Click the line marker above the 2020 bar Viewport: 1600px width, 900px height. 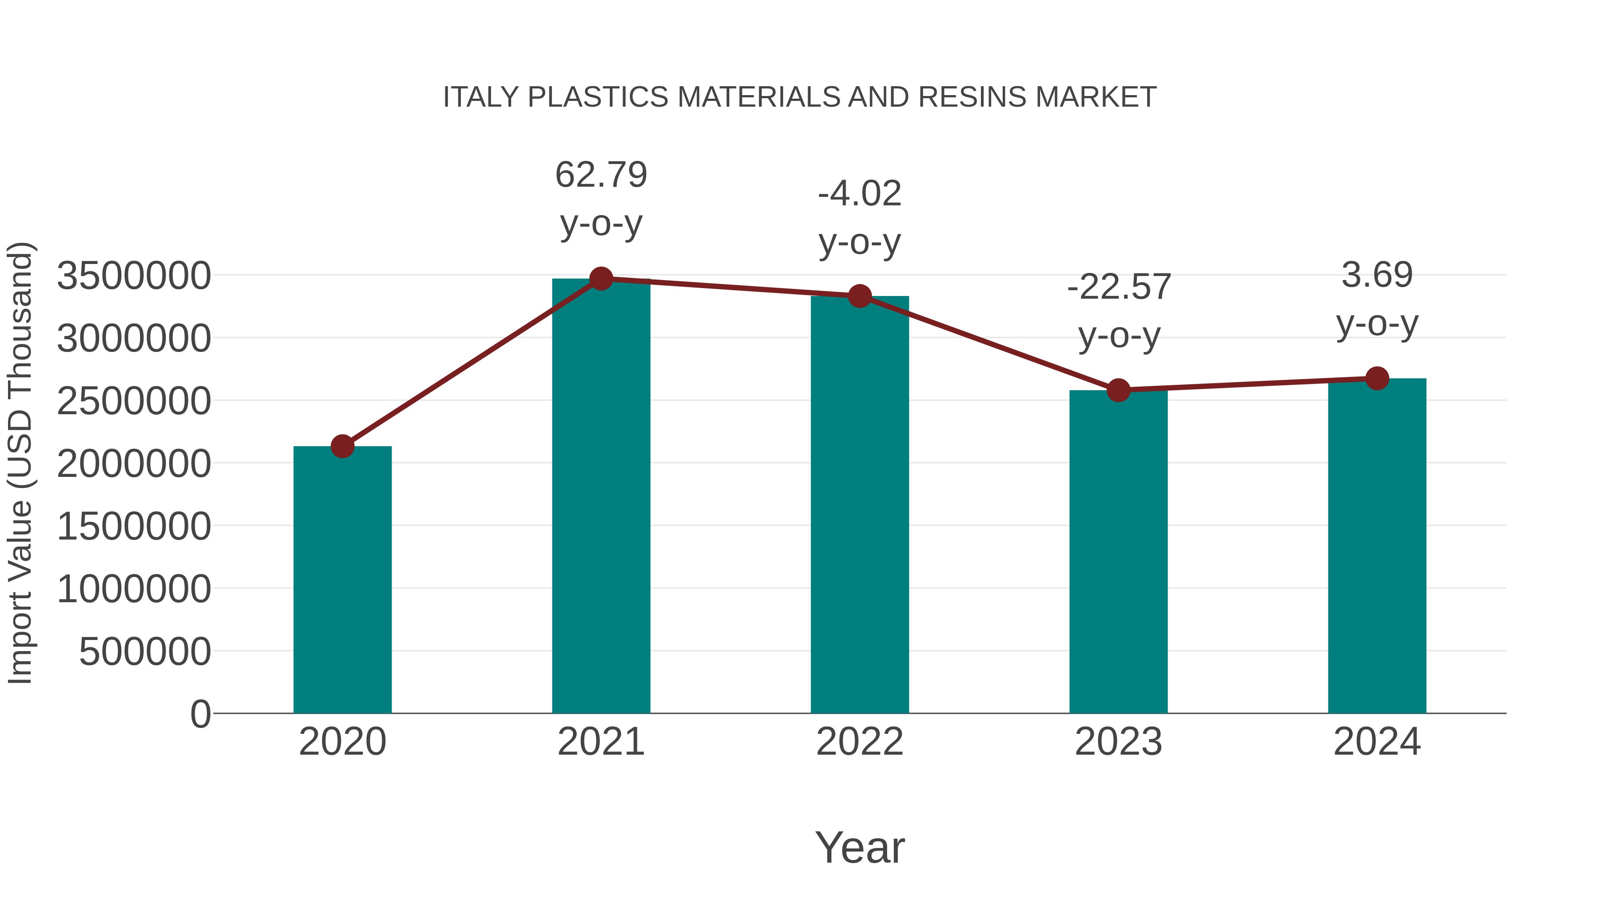[x=342, y=446]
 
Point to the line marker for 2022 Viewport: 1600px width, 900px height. [x=860, y=296]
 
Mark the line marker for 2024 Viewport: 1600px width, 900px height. [x=1377, y=378]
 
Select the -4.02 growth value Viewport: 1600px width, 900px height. [x=860, y=194]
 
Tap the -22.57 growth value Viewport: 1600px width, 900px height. [x=1119, y=287]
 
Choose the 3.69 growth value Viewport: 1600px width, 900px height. [x=1377, y=275]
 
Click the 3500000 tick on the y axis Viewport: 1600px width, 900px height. [x=133, y=276]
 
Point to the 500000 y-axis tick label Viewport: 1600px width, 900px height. [x=145, y=652]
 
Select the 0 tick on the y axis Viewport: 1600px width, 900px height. [x=200, y=714]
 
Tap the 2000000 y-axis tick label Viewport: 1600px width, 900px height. [x=133, y=464]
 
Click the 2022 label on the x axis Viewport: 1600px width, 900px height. [x=860, y=742]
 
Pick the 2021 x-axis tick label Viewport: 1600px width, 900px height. [x=600, y=742]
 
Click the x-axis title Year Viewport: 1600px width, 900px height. [x=860, y=847]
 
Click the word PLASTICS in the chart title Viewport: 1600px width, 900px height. [x=597, y=97]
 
